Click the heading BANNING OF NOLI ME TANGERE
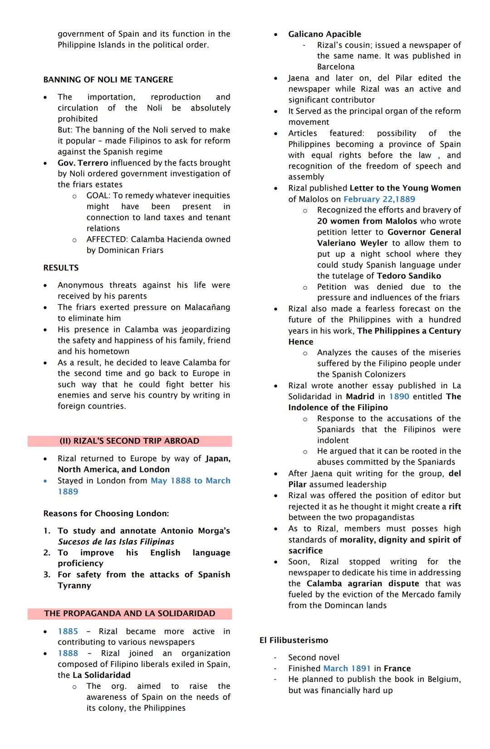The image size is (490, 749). (x=108, y=80)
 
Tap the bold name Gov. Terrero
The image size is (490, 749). (x=83, y=163)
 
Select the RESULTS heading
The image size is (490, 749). (x=61, y=268)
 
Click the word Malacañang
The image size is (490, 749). (x=207, y=308)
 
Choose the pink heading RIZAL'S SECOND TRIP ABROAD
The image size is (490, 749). (x=129, y=441)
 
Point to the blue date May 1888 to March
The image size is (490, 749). (x=190, y=481)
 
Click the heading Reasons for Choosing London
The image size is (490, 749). (x=106, y=514)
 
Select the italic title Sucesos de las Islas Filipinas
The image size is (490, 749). (x=116, y=542)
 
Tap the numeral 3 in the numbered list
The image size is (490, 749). (x=46, y=575)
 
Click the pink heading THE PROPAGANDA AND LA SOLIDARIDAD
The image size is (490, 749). (x=129, y=614)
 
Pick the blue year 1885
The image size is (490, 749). (x=68, y=632)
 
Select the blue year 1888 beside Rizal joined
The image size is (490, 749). (x=68, y=653)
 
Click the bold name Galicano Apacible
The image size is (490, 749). (x=324, y=34)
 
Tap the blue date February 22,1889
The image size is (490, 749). (x=379, y=199)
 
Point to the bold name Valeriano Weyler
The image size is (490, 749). (x=352, y=243)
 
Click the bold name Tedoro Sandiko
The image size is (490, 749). (x=408, y=276)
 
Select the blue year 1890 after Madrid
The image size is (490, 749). (x=399, y=397)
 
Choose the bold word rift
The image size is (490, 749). (x=455, y=507)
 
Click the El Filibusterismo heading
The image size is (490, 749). (x=294, y=640)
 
